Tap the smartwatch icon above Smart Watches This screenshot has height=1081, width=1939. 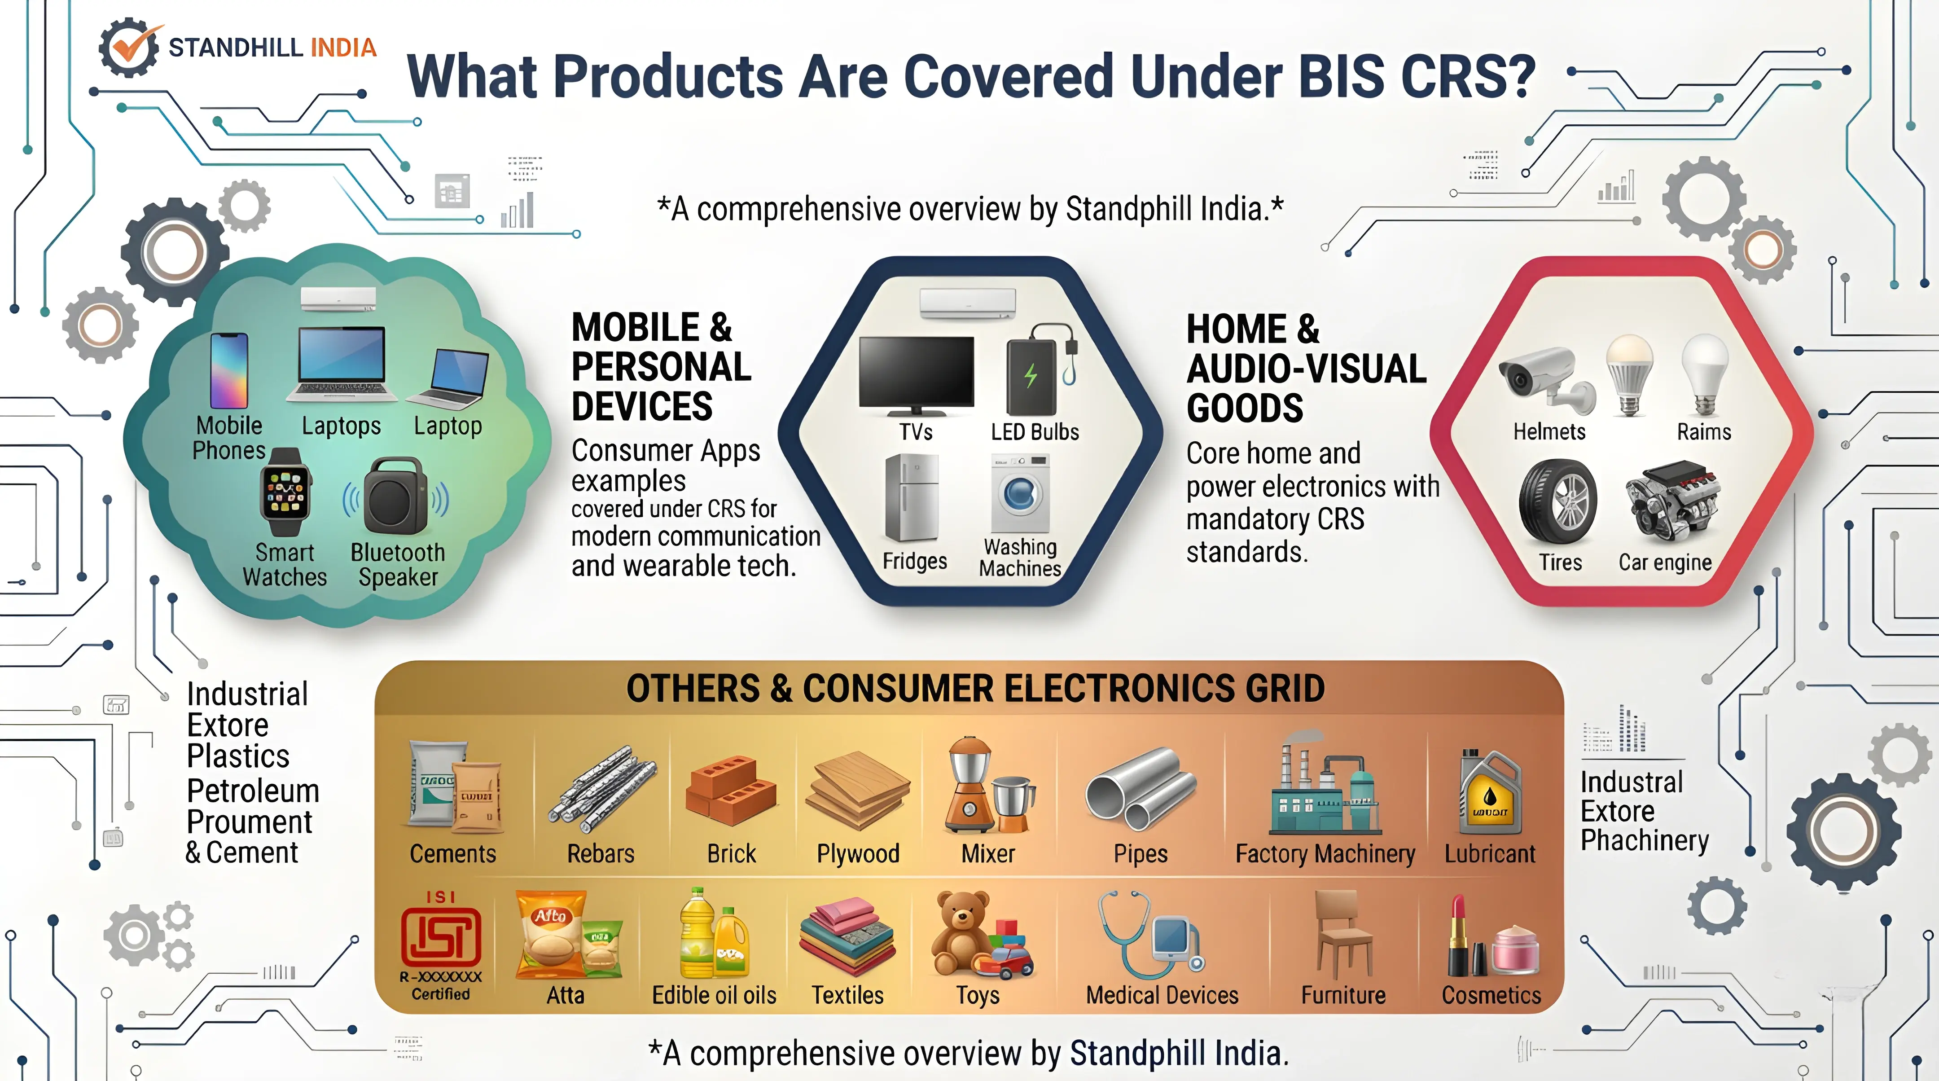(285, 492)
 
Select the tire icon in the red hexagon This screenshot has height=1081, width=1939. (1557, 501)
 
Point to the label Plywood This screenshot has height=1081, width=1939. (858, 854)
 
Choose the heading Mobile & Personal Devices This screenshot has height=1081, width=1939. (660, 367)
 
